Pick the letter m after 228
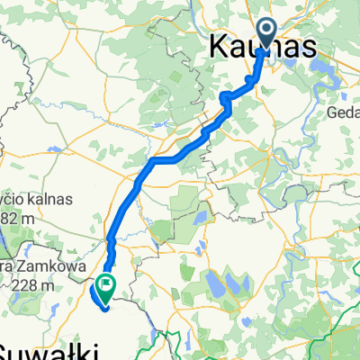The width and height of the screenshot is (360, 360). [x=49, y=285]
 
